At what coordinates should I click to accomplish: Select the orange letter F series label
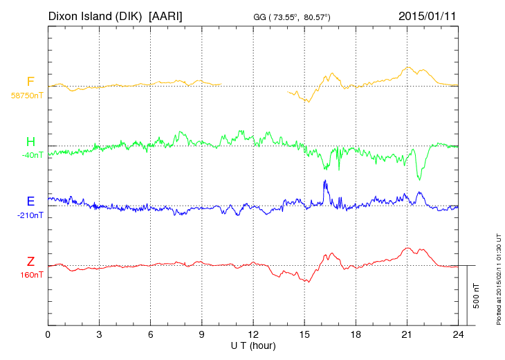pyautogui.click(x=30, y=82)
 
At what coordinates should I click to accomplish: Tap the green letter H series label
pyautogui.click(x=30, y=142)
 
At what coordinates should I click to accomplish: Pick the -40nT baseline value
pyautogui.click(x=32, y=155)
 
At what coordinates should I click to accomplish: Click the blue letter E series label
pyautogui.click(x=30, y=201)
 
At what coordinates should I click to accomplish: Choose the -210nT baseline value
pyautogui.click(x=30, y=215)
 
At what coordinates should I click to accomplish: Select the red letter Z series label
pyautogui.click(x=30, y=262)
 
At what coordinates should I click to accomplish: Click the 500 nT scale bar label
pyautogui.click(x=477, y=296)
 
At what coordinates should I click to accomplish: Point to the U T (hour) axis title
pyautogui.click(x=252, y=345)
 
